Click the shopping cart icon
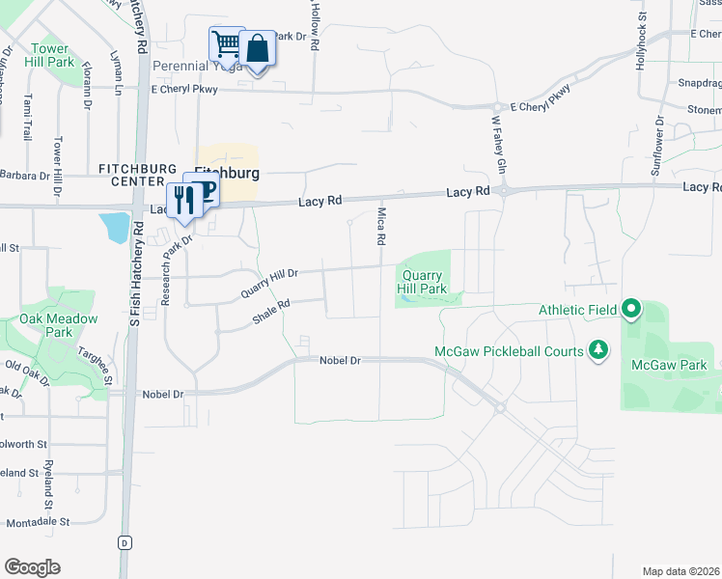[x=226, y=43]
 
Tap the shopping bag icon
[x=258, y=48]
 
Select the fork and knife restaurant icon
[x=180, y=199]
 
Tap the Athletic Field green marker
[x=631, y=310]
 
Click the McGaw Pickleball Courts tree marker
[x=598, y=349]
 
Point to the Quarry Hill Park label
[x=424, y=282]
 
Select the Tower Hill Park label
[x=49, y=55]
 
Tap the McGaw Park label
[x=669, y=365]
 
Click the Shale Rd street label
[x=271, y=311]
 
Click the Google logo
[x=32, y=567]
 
